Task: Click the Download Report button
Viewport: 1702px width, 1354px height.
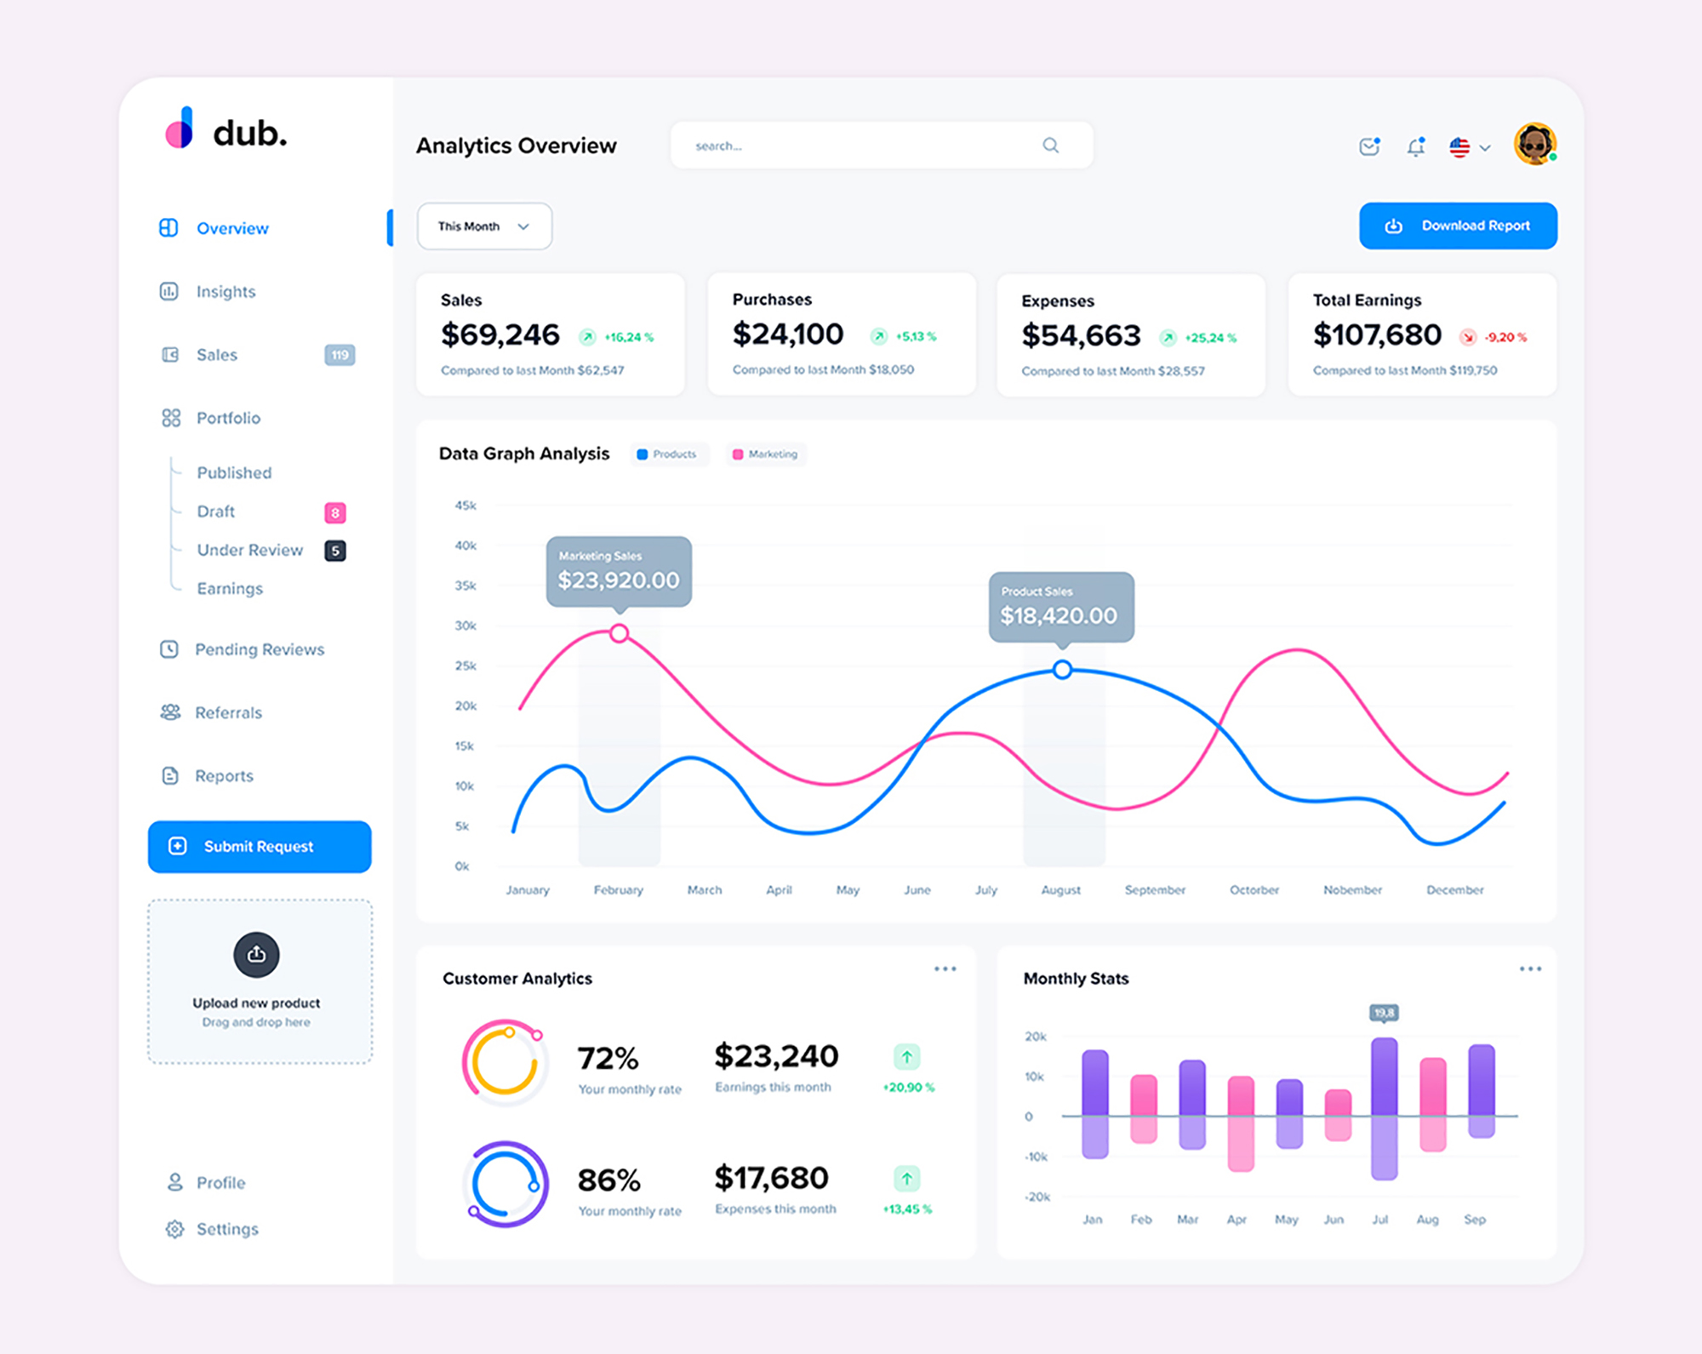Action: click(1458, 226)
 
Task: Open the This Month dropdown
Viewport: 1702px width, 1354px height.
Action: click(484, 226)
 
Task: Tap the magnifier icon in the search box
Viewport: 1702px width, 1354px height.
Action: click(1051, 146)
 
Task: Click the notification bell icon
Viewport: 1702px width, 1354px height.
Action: click(1415, 147)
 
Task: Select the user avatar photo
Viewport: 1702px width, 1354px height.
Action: click(1534, 144)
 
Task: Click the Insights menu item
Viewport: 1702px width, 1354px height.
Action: click(226, 292)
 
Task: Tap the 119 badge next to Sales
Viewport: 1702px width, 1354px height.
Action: click(340, 355)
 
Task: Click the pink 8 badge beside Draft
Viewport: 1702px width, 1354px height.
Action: click(335, 512)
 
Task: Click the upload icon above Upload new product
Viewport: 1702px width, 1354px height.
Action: click(256, 955)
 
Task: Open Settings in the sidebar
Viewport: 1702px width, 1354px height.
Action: click(226, 1229)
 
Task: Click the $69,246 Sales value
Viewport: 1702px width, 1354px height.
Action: click(500, 335)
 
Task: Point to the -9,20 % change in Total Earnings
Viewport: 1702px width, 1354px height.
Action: click(1505, 338)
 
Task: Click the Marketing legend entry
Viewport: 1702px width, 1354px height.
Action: click(765, 454)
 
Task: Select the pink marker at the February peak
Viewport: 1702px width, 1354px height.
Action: click(620, 633)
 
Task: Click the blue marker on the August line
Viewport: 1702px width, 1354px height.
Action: click(1062, 670)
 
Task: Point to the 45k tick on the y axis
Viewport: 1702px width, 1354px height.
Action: click(465, 506)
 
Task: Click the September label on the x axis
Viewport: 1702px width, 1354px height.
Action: click(1155, 890)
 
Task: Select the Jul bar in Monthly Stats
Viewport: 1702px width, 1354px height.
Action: click(1384, 1106)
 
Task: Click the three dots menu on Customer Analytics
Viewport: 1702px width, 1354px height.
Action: click(945, 968)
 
